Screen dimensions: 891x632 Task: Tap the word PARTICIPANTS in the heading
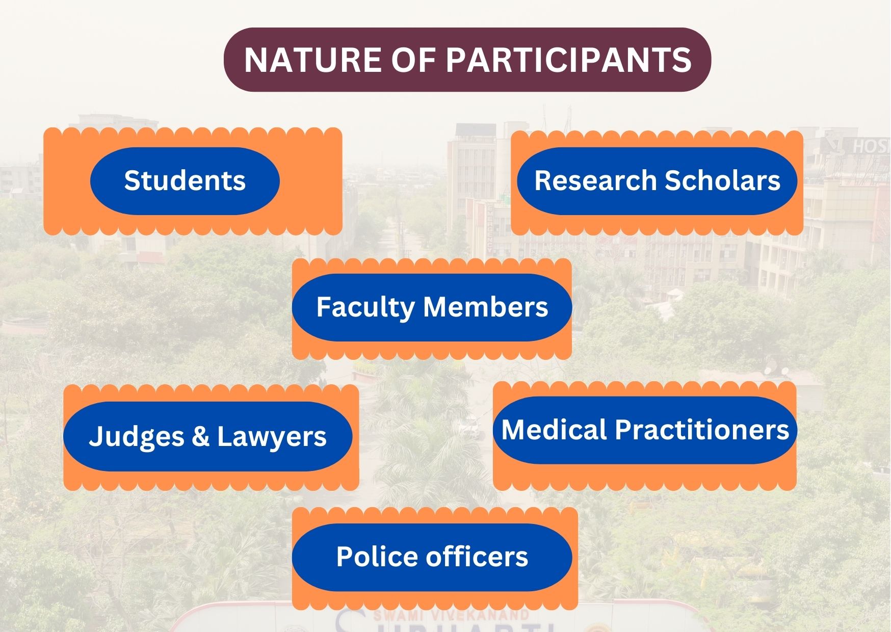(x=569, y=60)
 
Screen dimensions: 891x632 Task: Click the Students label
(x=185, y=180)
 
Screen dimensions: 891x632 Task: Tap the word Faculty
(x=365, y=308)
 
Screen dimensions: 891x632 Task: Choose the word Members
(x=485, y=307)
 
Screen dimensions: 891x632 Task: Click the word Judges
(x=136, y=437)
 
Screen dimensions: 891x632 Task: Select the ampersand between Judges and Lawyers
(x=200, y=437)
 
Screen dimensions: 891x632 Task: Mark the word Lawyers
(x=272, y=437)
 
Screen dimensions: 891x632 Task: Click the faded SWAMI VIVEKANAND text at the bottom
(x=451, y=615)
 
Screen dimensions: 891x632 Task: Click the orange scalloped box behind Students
(x=193, y=181)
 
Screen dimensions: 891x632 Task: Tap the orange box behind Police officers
(x=435, y=558)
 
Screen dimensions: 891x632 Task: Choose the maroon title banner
(x=467, y=60)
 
